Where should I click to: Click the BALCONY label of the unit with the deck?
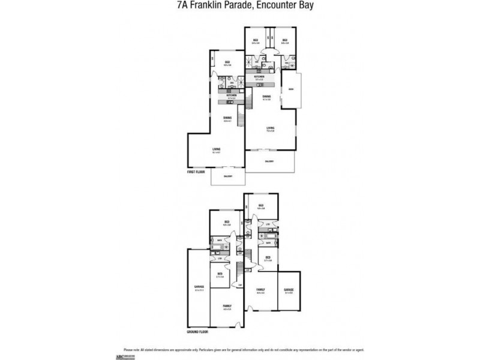(x=269, y=161)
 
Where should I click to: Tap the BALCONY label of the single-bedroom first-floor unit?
(x=228, y=176)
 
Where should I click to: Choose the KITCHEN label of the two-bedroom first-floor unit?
(x=259, y=77)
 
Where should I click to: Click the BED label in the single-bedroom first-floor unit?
(x=227, y=62)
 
